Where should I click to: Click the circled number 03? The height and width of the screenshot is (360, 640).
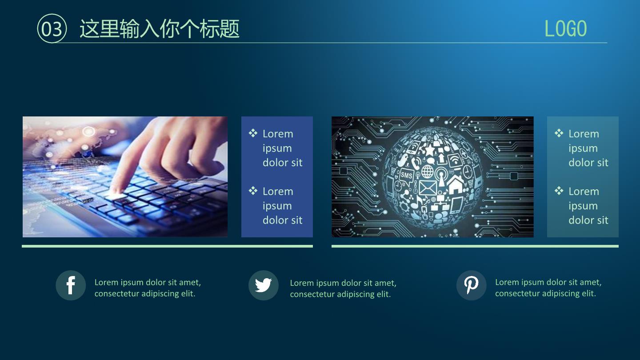point(52,28)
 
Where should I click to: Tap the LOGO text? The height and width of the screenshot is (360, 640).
point(565,28)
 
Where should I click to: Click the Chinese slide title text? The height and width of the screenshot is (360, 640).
point(160,28)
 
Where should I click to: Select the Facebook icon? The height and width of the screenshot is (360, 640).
point(71,285)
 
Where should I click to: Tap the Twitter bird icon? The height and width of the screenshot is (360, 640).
point(263,285)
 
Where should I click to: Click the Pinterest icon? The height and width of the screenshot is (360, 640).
point(471,285)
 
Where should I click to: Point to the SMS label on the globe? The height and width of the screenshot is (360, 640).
point(406,175)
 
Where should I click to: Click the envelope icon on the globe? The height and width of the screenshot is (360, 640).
point(428,188)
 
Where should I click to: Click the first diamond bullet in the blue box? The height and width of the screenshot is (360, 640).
point(253,133)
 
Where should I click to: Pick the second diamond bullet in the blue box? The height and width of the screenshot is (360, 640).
point(253,191)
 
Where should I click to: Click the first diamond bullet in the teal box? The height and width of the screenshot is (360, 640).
point(559,133)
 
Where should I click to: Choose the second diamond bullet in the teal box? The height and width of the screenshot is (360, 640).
point(559,191)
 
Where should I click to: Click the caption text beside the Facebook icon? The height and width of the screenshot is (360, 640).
point(148,288)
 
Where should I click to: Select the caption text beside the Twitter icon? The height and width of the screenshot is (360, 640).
point(343,288)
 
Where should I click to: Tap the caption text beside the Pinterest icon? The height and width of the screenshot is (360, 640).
point(548,288)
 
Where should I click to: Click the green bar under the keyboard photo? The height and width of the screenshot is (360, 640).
point(168,246)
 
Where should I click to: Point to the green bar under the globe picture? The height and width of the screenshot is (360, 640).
point(475,246)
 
